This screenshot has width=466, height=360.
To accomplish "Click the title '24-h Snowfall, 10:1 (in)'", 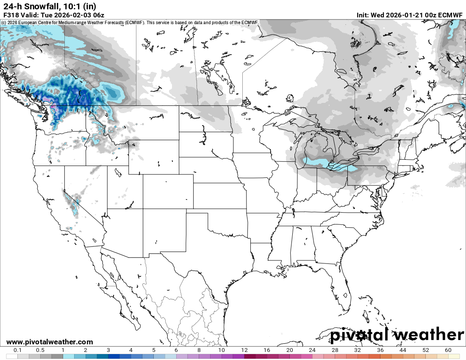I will [50, 6].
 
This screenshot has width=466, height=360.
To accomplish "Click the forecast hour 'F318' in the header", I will [11, 15].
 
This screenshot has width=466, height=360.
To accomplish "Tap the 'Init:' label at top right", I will [363, 15].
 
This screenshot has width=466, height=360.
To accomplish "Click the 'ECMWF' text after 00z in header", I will [450, 15].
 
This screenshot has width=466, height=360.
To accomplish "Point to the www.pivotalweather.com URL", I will [50, 342].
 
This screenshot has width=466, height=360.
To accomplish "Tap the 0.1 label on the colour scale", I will [18, 350].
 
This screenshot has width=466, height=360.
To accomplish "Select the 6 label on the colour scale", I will [176, 350].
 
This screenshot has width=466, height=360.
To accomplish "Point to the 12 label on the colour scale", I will [244, 350].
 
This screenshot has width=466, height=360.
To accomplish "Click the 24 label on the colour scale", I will [312, 350].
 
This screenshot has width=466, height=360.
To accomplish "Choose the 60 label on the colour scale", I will [448, 350].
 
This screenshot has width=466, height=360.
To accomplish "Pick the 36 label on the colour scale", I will [380, 350].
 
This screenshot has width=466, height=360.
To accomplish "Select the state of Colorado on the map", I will [168, 191].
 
